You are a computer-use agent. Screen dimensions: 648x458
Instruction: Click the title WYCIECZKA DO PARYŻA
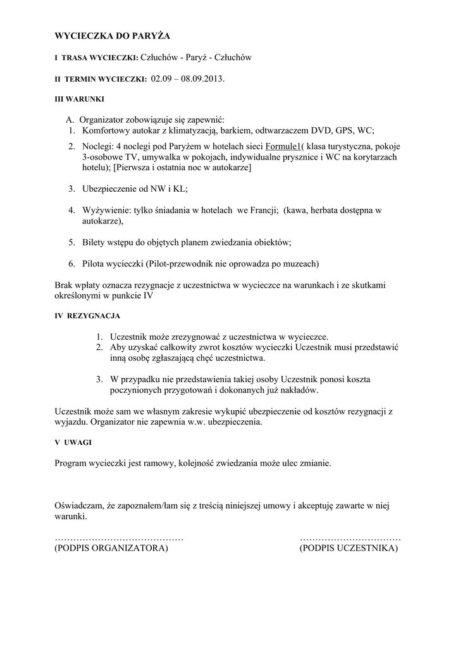tap(113, 35)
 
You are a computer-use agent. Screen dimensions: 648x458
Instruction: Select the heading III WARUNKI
tap(80, 99)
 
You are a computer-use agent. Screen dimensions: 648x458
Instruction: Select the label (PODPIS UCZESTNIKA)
tap(349, 548)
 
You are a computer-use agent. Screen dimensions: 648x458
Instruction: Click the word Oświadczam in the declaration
tap(80, 506)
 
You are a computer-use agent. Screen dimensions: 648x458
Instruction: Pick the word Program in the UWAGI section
tap(73, 463)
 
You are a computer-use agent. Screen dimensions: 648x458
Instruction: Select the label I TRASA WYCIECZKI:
tap(96, 58)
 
